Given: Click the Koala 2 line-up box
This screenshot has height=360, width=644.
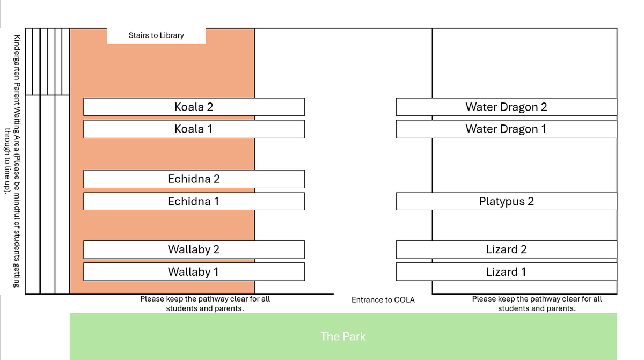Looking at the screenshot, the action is tap(194, 107).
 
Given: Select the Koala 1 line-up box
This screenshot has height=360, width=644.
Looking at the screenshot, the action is tap(194, 129).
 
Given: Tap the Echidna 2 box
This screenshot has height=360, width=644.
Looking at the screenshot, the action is tap(194, 179).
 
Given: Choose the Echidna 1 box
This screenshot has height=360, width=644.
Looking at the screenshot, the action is tap(194, 201).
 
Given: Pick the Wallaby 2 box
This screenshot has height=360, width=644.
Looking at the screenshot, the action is tap(194, 249).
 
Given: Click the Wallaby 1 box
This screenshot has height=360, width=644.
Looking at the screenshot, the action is tap(194, 271).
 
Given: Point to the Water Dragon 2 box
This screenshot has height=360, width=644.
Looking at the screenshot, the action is tap(507, 107).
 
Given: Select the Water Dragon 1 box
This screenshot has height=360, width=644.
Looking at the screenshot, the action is tap(507, 129).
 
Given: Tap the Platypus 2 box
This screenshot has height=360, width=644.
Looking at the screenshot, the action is tap(507, 201).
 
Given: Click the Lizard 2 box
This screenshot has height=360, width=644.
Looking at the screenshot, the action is tap(507, 249).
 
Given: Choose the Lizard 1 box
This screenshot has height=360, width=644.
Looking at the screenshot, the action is tap(507, 271).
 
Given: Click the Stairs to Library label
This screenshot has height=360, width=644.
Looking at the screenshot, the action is tap(156, 35).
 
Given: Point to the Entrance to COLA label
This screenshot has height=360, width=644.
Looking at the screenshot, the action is tap(383, 300).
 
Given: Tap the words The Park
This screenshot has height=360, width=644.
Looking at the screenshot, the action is tap(343, 336).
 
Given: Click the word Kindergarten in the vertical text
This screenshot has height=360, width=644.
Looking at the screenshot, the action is tap(17, 58).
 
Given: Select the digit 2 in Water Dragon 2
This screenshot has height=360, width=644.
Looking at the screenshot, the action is tap(544, 107).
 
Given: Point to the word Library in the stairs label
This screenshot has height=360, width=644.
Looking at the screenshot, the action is tap(172, 35).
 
